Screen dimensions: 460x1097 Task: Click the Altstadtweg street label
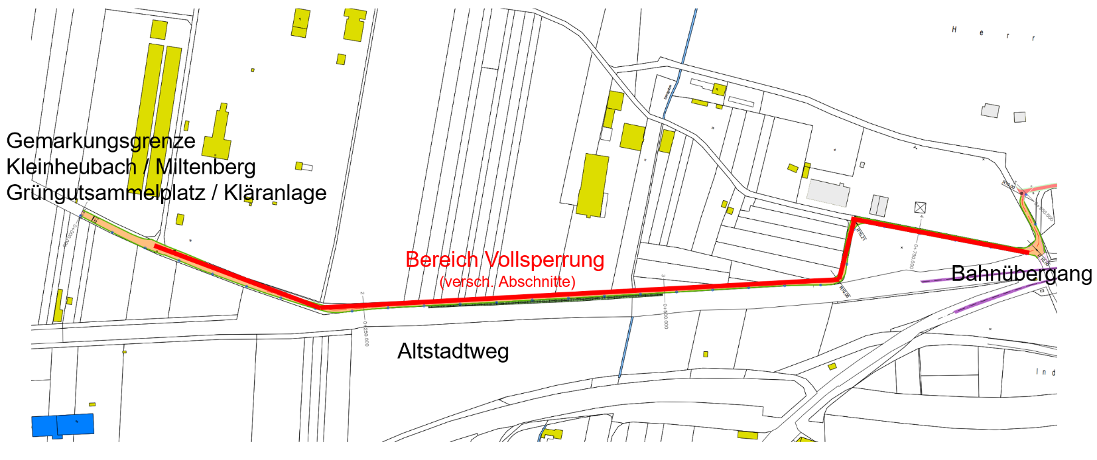tap(453, 351)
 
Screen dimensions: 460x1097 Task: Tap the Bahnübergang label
tap(1021, 273)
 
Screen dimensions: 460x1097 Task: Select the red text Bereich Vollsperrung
tap(505, 259)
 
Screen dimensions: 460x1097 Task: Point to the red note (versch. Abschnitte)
tap(507, 282)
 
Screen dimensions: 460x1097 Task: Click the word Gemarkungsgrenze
tap(101, 141)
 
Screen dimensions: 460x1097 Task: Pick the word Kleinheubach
tap(71, 166)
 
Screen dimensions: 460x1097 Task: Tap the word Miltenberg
tap(206, 166)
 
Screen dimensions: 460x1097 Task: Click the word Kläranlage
tap(275, 193)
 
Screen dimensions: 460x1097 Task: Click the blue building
tap(63, 426)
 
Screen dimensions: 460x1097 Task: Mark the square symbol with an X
tap(920, 207)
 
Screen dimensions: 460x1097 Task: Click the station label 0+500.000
tap(666, 316)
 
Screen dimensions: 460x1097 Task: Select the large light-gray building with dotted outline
tap(828, 193)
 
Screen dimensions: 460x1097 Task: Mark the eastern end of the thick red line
tap(1027, 252)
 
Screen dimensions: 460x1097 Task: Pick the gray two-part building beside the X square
tap(879, 205)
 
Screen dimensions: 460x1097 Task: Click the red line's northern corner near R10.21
tap(854, 219)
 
